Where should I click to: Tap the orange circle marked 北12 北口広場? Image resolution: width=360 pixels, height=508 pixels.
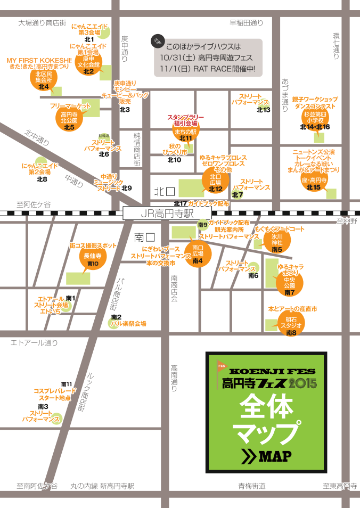(x=216, y=181)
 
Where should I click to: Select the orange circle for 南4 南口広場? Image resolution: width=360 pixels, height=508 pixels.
(x=198, y=255)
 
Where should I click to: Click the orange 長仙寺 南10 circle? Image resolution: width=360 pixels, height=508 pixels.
(x=93, y=258)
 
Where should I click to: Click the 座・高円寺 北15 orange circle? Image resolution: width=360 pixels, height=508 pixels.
(x=314, y=182)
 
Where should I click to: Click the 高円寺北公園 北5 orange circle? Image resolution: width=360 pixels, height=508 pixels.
(x=69, y=119)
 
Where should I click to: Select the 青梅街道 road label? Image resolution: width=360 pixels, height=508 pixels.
(x=251, y=486)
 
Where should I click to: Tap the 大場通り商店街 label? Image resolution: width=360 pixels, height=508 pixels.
(x=42, y=22)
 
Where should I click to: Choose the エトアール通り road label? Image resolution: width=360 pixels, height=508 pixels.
(x=34, y=343)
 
